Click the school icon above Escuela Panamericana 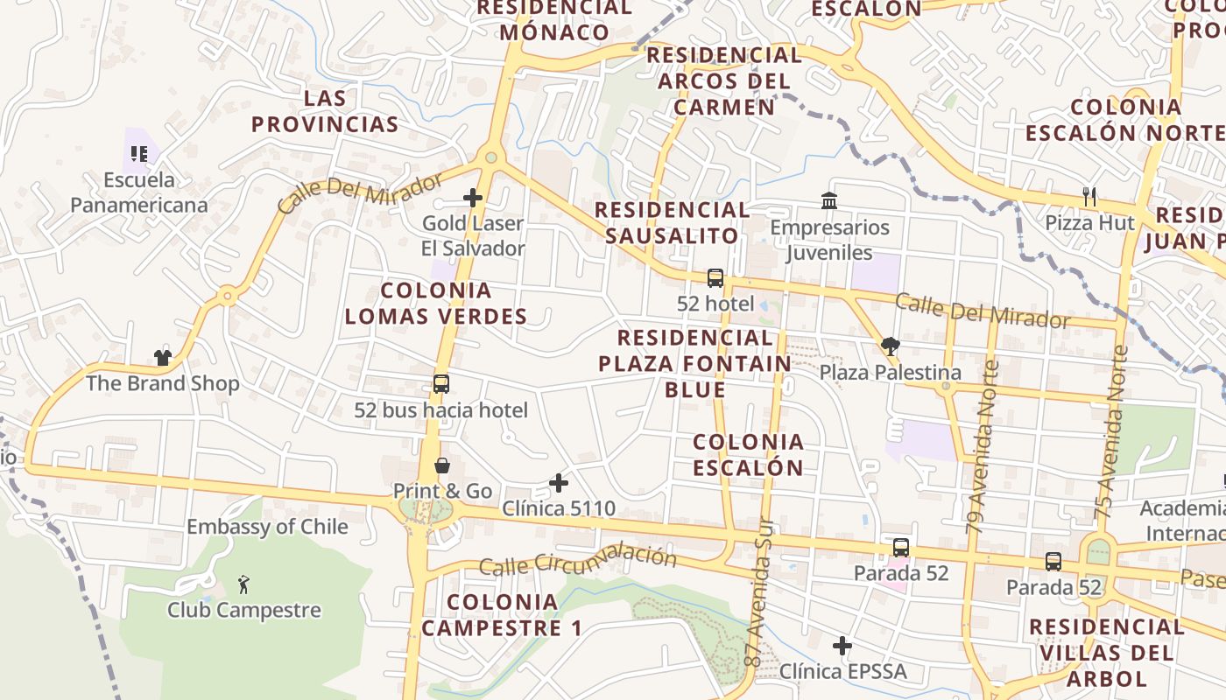coord(138,154)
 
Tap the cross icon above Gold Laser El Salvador coord(473,198)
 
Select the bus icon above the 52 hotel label coord(715,278)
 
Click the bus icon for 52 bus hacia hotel coord(441,384)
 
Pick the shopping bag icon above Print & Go coord(442,465)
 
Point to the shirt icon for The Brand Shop coord(163,357)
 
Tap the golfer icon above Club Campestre coord(244,584)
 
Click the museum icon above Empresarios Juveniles coord(829,202)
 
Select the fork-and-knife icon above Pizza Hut coord(1089,197)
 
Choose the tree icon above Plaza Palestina coord(891,346)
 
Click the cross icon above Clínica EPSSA coord(842,646)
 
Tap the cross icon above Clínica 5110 coord(559,482)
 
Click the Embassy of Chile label coord(267,527)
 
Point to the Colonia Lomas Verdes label coord(436,303)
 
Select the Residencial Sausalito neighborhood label coord(672,222)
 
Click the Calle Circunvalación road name coord(578,561)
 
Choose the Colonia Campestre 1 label coord(503,615)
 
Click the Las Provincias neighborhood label coord(326,111)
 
